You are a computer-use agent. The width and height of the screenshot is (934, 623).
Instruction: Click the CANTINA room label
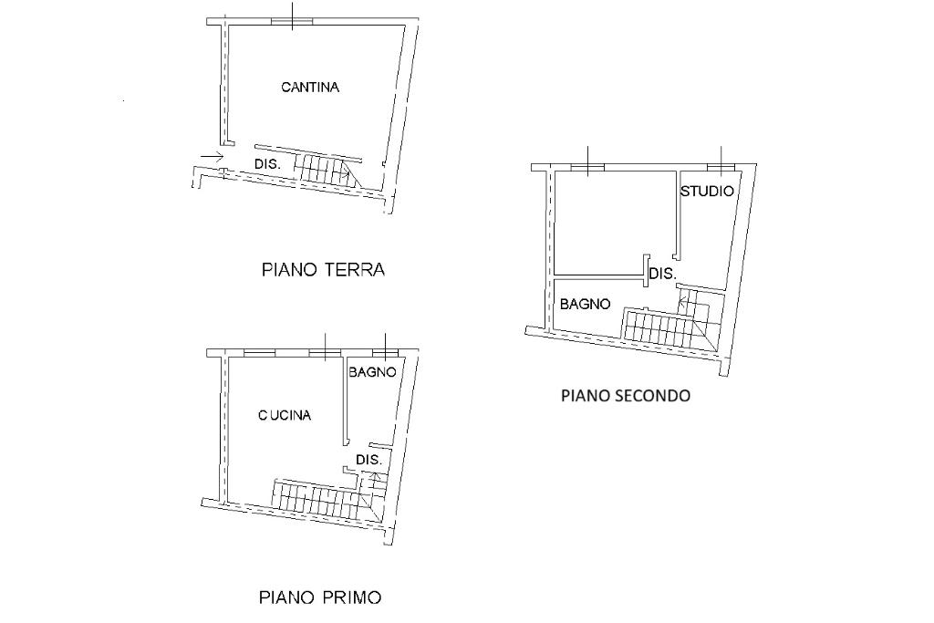[310, 87]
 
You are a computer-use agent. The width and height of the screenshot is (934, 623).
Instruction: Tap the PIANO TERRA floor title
[324, 270]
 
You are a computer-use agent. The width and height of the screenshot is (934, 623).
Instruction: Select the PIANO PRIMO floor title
[320, 597]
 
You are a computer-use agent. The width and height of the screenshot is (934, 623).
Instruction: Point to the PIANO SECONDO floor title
[626, 396]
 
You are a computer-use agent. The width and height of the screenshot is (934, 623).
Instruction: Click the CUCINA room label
[285, 415]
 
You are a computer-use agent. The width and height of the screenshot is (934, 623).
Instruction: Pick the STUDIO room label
[707, 192]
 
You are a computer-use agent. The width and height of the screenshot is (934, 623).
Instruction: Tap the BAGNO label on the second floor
[585, 305]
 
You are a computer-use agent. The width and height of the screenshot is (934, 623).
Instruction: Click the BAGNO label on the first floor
[372, 372]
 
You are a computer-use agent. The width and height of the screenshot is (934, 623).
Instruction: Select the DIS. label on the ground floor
[267, 164]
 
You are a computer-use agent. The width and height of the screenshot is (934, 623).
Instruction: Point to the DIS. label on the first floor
[368, 460]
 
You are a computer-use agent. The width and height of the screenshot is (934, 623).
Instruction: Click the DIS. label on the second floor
[663, 274]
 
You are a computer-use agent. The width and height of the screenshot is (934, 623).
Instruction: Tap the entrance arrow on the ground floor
[212, 157]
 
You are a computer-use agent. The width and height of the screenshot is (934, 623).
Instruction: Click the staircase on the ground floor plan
[327, 169]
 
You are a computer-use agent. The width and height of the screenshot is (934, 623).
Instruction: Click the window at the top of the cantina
[292, 22]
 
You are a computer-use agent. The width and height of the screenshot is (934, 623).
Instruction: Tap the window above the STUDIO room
[721, 167]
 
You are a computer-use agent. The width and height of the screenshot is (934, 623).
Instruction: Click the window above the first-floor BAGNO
[386, 353]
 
